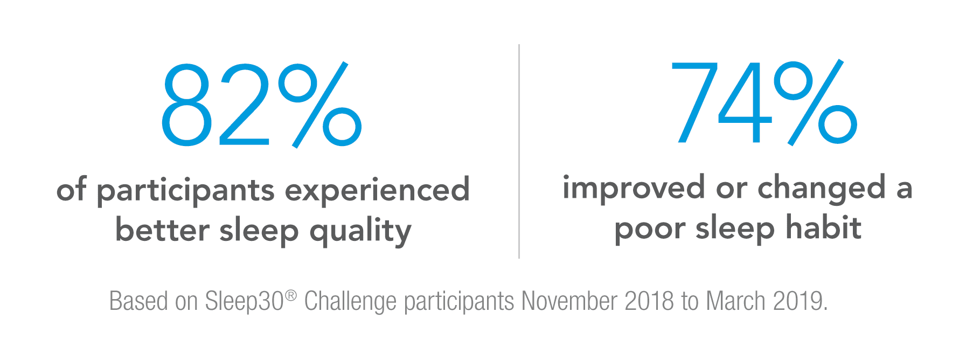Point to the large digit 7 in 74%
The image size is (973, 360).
click(x=696, y=102)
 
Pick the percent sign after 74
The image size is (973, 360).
click(x=815, y=102)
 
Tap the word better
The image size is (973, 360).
click(x=162, y=230)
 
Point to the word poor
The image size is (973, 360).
click(x=649, y=230)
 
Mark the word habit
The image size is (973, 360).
click(x=823, y=227)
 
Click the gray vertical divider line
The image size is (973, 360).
click(x=519, y=151)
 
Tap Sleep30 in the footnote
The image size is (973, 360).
click(x=245, y=301)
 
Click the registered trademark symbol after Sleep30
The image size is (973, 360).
click(x=291, y=295)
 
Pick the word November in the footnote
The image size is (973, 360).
click(x=569, y=301)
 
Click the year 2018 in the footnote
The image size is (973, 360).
click(x=649, y=301)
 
